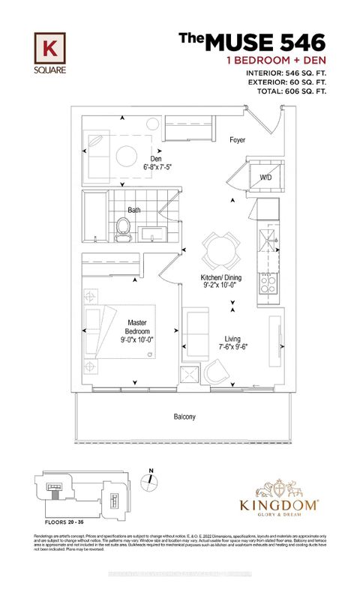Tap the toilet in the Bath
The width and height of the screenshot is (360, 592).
(x=123, y=228)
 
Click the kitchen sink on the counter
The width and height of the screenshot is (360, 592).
(x=266, y=241)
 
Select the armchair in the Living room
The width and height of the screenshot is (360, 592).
(x=218, y=372)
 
